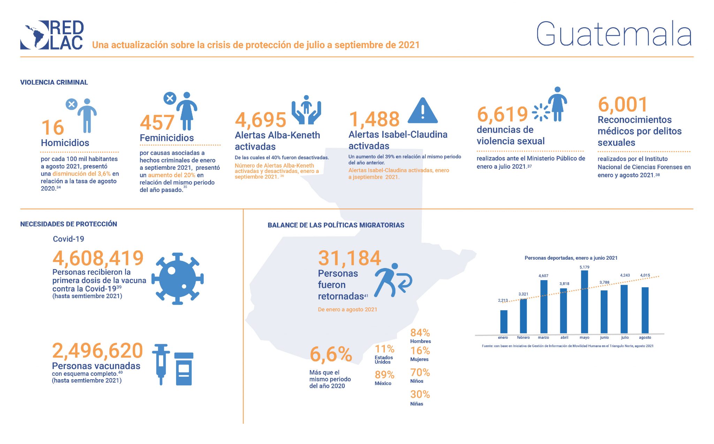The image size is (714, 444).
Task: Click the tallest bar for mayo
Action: (x=584, y=302)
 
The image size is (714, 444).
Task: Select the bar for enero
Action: (x=503, y=322)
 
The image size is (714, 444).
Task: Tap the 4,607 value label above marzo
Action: (x=543, y=276)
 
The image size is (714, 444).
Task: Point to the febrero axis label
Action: (x=523, y=337)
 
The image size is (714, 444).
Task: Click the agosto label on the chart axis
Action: (x=645, y=337)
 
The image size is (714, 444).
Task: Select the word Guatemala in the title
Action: (x=614, y=34)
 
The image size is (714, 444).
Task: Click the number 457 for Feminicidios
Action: (x=157, y=123)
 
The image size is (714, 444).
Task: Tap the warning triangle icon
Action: (x=422, y=111)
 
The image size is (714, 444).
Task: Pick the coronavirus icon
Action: (x=177, y=279)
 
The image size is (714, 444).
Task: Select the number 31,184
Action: (x=349, y=258)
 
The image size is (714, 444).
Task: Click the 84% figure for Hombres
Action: (x=420, y=333)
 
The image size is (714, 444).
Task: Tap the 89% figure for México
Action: (x=384, y=375)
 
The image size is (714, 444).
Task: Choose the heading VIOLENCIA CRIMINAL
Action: (x=54, y=82)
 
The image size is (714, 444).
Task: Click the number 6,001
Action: (x=623, y=104)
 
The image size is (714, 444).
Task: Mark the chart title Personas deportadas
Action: (x=571, y=258)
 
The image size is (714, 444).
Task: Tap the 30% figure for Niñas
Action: (x=420, y=395)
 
